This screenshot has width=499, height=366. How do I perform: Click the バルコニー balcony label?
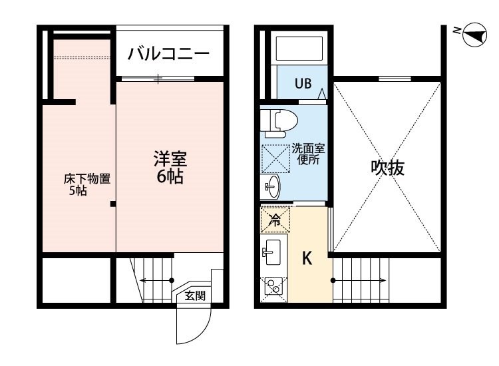click(x=168, y=53)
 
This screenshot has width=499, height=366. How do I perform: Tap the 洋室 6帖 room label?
click(x=170, y=168)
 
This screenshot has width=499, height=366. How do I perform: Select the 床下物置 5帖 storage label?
click(x=86, y=184)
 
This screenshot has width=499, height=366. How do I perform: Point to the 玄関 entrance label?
click(x=195, y=296)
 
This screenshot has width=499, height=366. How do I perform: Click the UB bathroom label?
click(x=303, y=83)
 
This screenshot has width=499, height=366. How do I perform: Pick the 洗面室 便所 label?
click(x=308, y=154)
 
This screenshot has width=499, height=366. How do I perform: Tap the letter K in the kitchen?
click(x=307, y=258)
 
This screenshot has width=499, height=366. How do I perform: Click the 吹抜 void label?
click(x=387, y=168)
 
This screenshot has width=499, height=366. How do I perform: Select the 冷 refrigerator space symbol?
click(x=275, y=220)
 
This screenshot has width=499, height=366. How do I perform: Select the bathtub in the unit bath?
click(x=299, y=49)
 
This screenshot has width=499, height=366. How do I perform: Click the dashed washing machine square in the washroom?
click(x=275, y=158)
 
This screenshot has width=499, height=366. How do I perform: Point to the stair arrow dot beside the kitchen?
click(x=333, y=280)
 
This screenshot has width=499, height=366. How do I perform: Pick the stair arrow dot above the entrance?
click(x=172, y=280)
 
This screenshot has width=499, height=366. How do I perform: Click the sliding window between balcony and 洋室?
click(x=158, y=79)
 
